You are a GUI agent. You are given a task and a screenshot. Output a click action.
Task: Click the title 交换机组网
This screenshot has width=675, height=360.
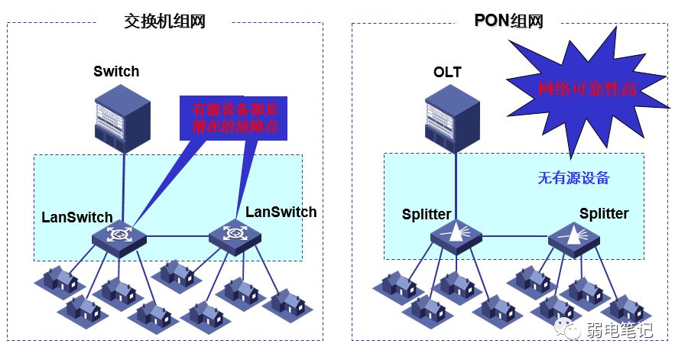(x=164, y=21)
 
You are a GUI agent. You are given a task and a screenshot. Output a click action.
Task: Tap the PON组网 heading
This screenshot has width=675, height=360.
(x=508, y=20)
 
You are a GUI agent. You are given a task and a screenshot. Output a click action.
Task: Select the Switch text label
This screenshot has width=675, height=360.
(x=116, y=71)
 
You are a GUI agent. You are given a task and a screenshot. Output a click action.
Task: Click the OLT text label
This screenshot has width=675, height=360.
(x=447, y=72)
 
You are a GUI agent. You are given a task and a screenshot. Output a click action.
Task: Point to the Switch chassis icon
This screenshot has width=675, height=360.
(x=122, y=118)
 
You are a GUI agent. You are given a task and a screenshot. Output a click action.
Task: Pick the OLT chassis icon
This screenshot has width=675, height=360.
(x=453, y=118)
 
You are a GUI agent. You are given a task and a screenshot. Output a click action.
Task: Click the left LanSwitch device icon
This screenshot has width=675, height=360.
(x=118, y=236)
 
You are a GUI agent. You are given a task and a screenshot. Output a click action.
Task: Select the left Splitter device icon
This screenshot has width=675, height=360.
(x=456, y=236)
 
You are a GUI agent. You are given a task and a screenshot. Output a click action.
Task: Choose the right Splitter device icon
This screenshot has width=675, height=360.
(x=574, y=238)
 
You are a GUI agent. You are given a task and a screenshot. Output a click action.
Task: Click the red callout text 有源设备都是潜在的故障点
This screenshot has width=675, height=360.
(x=235, y=118)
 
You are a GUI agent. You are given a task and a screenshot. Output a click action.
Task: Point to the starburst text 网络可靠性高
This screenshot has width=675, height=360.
(x=587, y=89)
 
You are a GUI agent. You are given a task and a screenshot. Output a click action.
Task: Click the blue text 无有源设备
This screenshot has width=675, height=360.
(x=573, y=177)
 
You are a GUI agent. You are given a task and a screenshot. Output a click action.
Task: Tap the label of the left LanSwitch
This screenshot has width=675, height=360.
(x=77, y=217)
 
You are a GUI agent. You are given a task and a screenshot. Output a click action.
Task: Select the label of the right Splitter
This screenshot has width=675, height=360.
(x=604, y=213)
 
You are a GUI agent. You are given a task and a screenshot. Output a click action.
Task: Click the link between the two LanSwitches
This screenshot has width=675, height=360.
(x=177, y=236)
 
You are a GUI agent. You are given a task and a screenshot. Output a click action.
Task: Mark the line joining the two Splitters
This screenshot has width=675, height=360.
(x=515, y=237)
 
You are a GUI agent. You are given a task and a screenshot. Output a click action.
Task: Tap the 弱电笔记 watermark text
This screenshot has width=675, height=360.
(x=619, y=331)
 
